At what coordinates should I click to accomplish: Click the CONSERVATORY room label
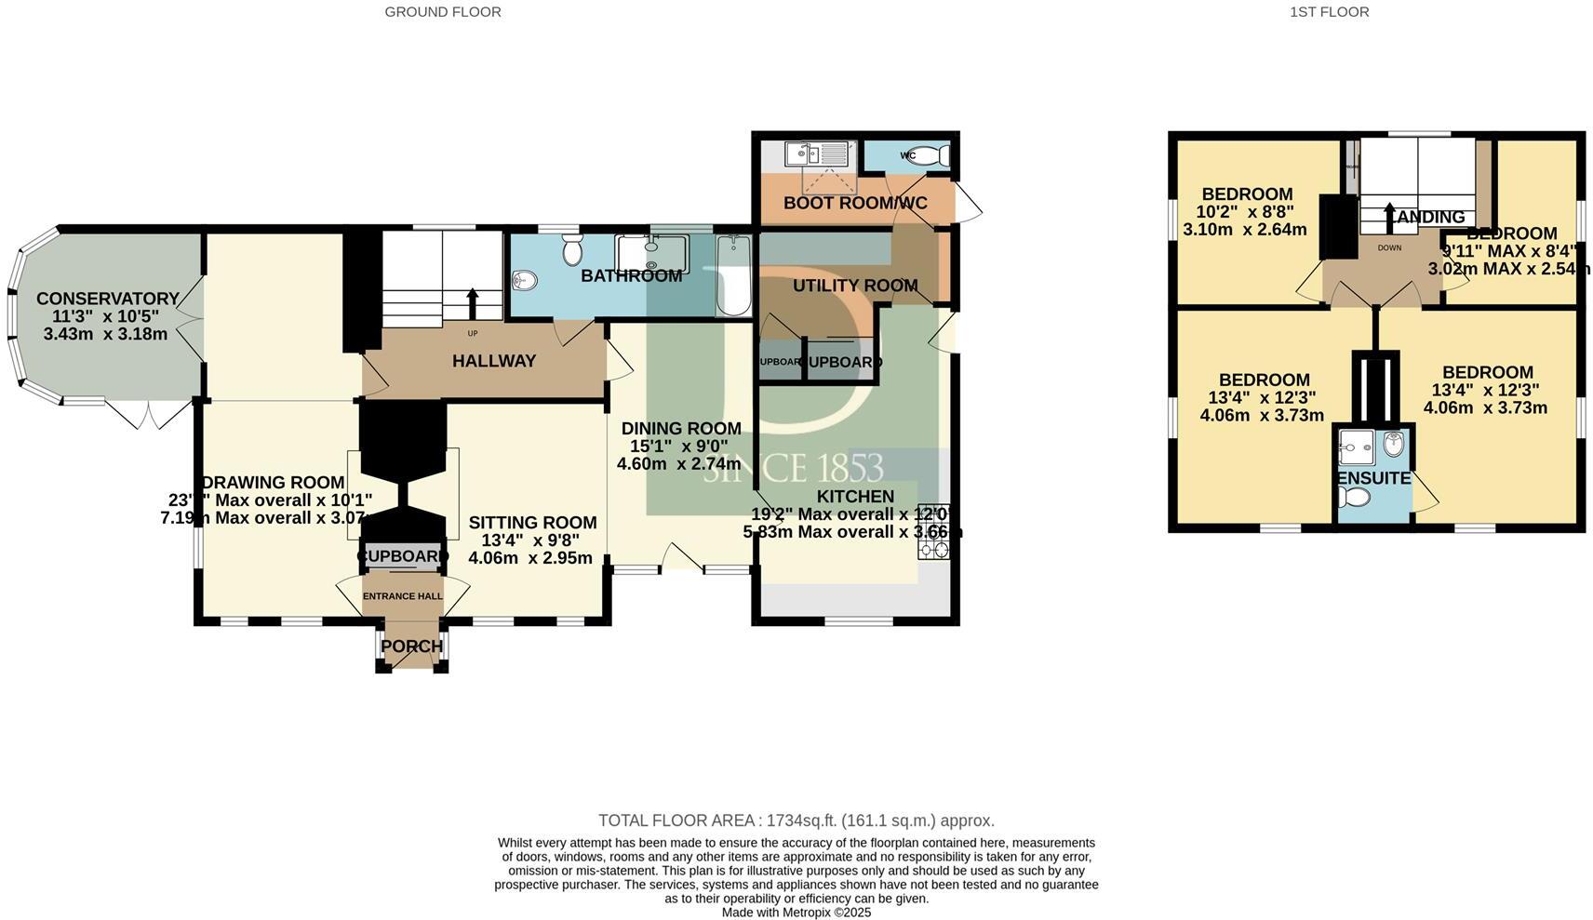pyautogui.click(x=107, y=299)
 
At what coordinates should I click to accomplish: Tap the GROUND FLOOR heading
pyautogui.click(x=443, y=12)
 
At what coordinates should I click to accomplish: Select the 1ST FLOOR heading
pyautogui.click(x=1329, y=12)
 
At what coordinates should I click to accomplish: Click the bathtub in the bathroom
pyautogui.click(x=733, y=275)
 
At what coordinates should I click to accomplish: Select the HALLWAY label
pyautogui.click(x=494, y=361)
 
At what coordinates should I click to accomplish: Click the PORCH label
pyautogui.click(x=412, y=647)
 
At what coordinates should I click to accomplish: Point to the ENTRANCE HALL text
pyautogui.click(x=402, y=596)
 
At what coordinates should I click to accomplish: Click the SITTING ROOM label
pyautogui.click(x=532, y=523)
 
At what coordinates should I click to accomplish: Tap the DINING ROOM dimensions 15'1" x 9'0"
pyautogui.click(x=680, y=447)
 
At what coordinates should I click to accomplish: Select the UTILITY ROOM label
pyautogui.click(x=854, y=286)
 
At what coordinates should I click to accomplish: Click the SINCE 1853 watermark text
pyautogui.click(x=793, y=468)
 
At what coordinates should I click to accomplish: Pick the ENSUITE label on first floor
pyautogui.click(x=1373, y=478)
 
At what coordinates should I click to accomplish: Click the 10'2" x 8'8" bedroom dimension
pyautogui.click(x=1245, y=211)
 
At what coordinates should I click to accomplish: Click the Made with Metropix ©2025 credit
pyautogui.click(x=796, y=913)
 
